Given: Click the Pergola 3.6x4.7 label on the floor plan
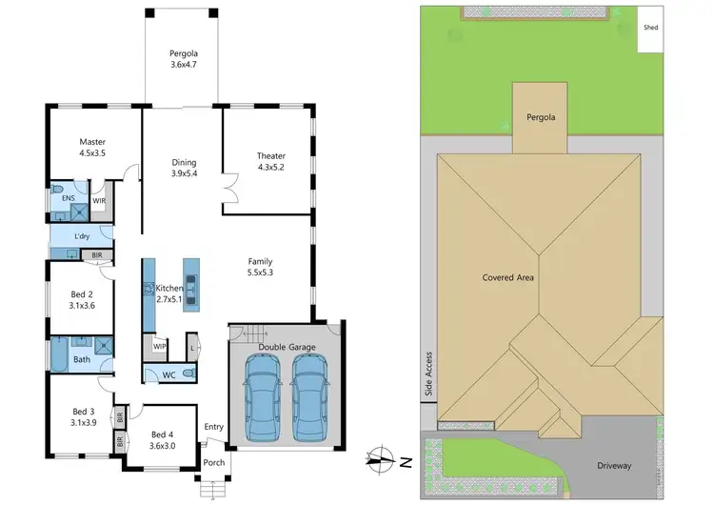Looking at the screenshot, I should tap(181, 59).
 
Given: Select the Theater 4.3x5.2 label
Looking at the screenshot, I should tap(270, 162).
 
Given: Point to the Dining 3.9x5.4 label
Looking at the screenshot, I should tap(184, 169).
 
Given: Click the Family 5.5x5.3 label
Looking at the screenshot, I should tap(261, 267).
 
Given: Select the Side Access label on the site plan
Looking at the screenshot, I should tap(429, 374).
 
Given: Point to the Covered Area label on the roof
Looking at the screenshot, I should tap(508, 277).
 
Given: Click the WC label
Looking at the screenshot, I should tap(169, 374).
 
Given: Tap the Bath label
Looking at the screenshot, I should tap(82, 360).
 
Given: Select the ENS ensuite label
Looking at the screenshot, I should tap(69, 200).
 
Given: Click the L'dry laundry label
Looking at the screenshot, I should tap(82, 235).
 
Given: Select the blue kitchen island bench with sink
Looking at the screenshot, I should tap(192, 283).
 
